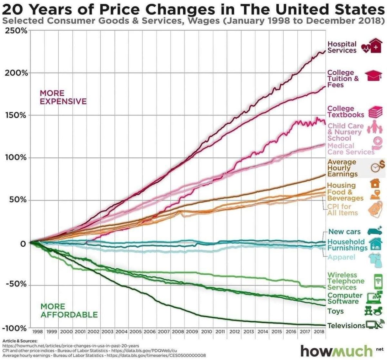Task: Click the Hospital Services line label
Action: click(x=342, y=47)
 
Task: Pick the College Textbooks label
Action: click(x=345, y=112)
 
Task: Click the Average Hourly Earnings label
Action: click(x=342, y=168)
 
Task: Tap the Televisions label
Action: click(x=346, y=326)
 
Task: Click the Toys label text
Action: click(x=335, y=311)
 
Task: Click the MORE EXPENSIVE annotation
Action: click(x=63, y=97)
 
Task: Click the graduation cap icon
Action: click(x=373, y=75)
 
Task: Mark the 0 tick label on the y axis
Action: click(x=22, y=243)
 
